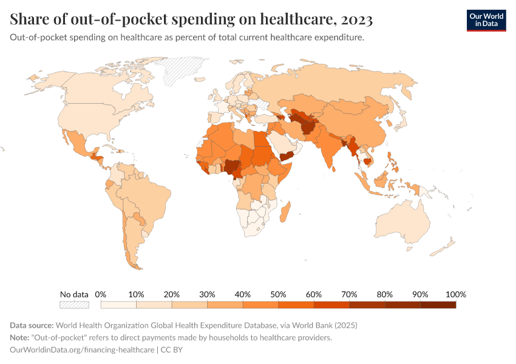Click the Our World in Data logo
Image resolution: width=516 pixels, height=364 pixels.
pyautogui.click(x=486, y=19)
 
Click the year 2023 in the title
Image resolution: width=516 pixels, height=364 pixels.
pyautogui.click(x=358, y=20)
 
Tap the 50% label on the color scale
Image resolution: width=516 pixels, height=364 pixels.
pyautogui.click(x=278, y=294)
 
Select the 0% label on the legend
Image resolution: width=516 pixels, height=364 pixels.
pyautogui.click(x=101, y=294)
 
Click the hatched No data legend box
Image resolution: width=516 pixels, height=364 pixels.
pyautogui.click(x=74, y=305)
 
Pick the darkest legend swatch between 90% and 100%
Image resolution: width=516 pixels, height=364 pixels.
pyautogui.click(x=438, y=305)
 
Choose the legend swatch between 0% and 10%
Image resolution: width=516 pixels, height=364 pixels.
pyautogui.click(x=118, y=305)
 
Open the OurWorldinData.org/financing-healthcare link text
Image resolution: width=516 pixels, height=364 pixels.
pyautogui.click(x=83, y=350)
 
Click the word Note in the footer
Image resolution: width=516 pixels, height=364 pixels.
pyautogui.click(x=20, y=337)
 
